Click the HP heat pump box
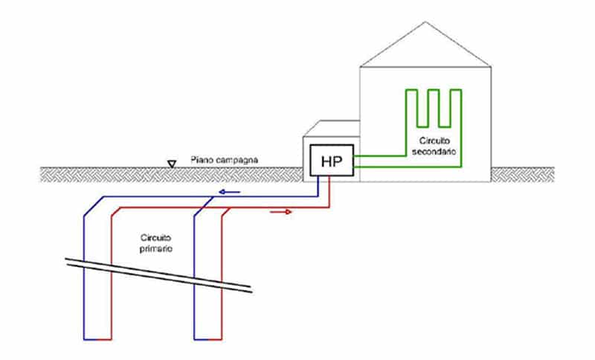[332, 160]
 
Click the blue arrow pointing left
[230, 192]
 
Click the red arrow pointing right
[281, 212]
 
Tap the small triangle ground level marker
[172, 164]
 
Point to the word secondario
[434, 152]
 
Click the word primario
[156, 249]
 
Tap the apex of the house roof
[425, 22]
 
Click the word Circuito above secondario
[434, 141]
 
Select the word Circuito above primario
[156, 238]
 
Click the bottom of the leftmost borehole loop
[97, 339]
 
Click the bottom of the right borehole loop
[208, 339]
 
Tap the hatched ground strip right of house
[523, 175]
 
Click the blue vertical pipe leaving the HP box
[318, 186]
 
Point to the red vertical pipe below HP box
[329, 192]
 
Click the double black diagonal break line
[158, 275]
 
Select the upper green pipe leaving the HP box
[380, 155]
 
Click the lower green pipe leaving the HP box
[408, 167]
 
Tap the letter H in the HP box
[327, 161]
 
